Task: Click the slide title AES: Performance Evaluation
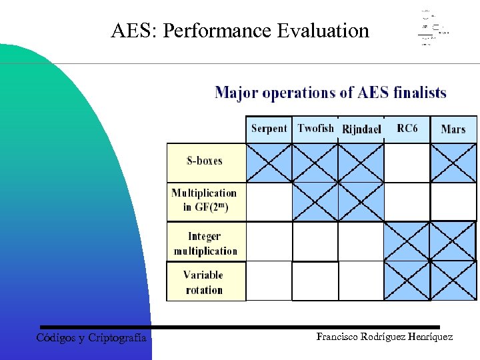[240, 31]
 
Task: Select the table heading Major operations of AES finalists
[331, 93]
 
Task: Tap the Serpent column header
[269, 129]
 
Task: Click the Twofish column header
[315, 129]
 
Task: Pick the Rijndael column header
[361, 129]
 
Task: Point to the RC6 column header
[407, 129]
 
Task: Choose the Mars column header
[453, 129]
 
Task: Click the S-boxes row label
[205, 161]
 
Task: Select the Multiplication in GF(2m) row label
[205, 200]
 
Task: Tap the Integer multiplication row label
[205, 243]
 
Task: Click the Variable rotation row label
[204, 282]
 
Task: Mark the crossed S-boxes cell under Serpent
[269, 163]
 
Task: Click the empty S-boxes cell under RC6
[407, 163]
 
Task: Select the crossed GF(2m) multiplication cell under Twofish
[315, 201]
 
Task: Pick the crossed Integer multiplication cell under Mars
[453, 241]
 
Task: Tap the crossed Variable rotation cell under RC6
[407, 281]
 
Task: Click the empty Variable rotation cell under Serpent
[269, 281]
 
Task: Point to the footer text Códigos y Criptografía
[91, 338]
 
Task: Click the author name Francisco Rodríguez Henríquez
[385, 337]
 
